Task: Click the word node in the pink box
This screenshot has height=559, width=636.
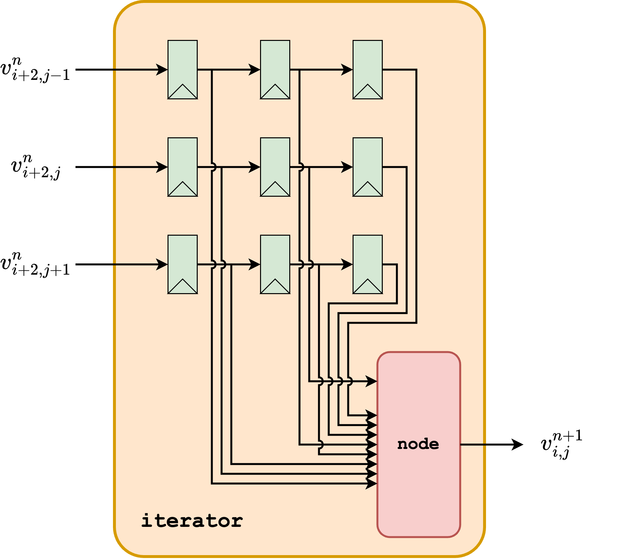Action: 418,444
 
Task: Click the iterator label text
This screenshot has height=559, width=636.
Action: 192,521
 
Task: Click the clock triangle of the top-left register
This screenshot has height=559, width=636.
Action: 182,93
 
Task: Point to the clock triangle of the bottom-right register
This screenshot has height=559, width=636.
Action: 368,287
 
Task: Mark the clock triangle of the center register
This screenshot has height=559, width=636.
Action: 275,190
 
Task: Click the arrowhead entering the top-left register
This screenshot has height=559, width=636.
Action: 162,69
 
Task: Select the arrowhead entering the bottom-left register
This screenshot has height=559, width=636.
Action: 162,265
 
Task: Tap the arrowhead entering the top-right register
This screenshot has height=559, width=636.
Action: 347,69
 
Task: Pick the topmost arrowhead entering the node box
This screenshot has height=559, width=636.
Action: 371,381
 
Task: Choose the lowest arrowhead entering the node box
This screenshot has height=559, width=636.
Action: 371,484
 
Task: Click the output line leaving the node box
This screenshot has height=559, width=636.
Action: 473,445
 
